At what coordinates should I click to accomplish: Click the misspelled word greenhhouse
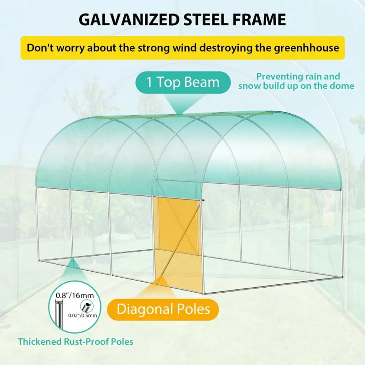[306, 48]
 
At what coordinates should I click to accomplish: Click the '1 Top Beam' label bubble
[183, 82]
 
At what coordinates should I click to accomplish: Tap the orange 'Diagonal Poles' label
[163, 309]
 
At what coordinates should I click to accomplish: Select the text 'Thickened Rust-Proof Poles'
[76, 341]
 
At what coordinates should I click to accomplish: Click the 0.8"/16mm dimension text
[75, 295]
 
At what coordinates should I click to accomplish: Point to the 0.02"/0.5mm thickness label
[83, 315]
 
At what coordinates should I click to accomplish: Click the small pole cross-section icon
[86, 306]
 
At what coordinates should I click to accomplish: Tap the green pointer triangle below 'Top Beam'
[179, 104]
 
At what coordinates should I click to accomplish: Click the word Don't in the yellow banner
[40, 48]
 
